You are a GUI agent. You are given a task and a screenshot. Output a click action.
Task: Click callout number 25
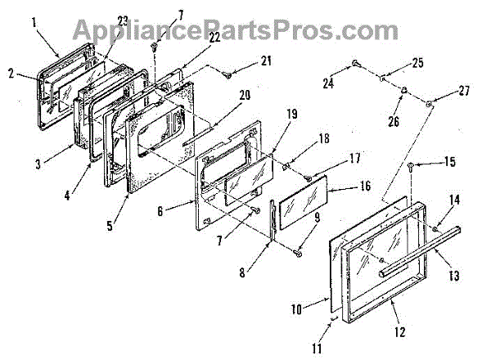[x=418, y=62]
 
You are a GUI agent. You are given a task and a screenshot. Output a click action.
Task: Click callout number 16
[x=366, y=187]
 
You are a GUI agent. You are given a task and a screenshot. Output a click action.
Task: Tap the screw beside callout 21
[x=225, y=74]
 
